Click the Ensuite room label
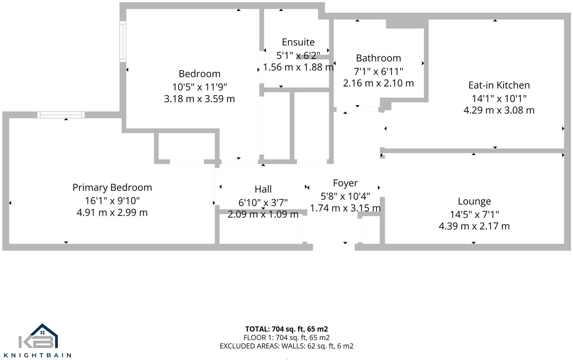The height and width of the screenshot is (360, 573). click(x=298, y=42)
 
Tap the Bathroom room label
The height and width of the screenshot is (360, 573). click(x=378, y=58)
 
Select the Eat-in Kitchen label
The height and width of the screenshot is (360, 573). click(x=499, y=85)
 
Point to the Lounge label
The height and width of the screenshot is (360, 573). click(x=474, y=201)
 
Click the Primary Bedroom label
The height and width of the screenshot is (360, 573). click(x=112, y=187)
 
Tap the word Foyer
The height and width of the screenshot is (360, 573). click(x=345, y=183)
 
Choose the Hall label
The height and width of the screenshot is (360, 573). click(x=263, y=189)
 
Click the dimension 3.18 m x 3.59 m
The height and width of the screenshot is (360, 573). click(x=199, y=99)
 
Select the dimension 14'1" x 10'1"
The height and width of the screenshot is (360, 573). click(x=499, y=98)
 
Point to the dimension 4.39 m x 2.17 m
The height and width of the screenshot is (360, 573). click(x=474, y=226)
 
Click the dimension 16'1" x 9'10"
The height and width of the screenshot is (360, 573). click(x=112, y=201)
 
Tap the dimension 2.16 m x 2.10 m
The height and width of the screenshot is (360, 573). click(x=378, y=83)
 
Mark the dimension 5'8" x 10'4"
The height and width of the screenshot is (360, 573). click(x=345, y=196)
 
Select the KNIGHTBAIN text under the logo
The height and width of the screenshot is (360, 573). click(x=37, y=355)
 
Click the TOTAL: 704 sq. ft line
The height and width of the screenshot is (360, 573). click(x=286, y=329)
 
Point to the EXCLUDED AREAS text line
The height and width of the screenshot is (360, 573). click(x=286, y=346)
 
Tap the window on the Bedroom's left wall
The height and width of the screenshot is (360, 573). click(x=123, y=41)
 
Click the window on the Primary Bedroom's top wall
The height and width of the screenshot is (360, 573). click(x=61, y=115)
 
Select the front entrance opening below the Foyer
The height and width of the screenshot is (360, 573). click(x=334, y=247)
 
